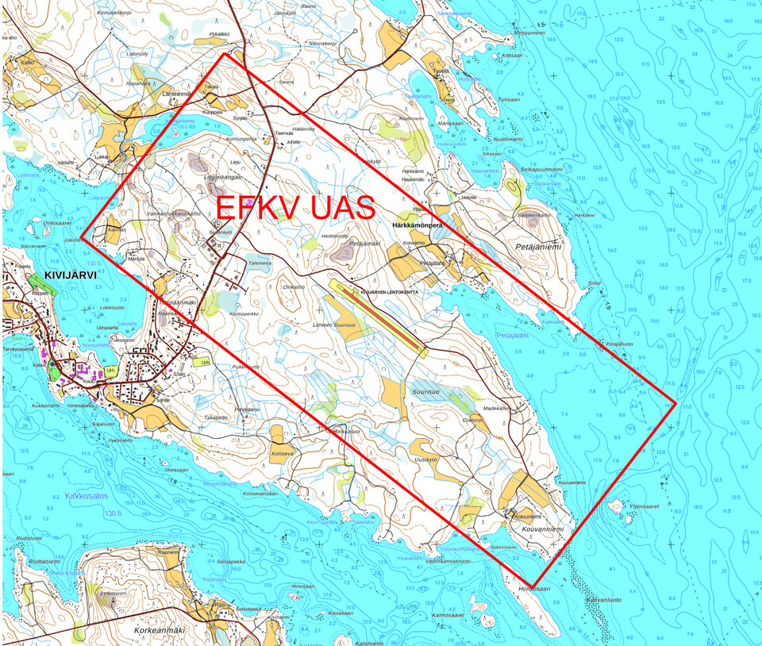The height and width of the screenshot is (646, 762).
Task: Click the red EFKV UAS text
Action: pos(295,207)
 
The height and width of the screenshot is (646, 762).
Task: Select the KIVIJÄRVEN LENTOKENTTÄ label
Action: pos(389,292)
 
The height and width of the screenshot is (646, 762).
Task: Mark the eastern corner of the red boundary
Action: pos(675,403)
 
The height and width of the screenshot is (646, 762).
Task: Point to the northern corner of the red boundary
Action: pos(225,54)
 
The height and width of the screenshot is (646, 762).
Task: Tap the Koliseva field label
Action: pos(283,455)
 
